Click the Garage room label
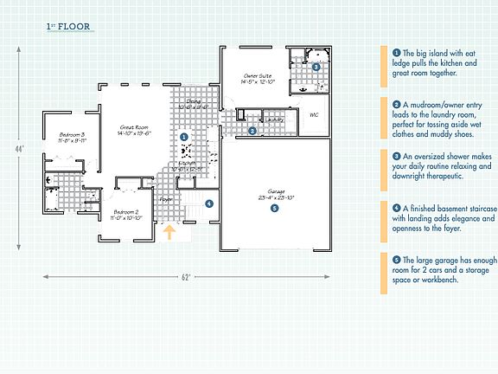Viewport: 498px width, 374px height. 274,194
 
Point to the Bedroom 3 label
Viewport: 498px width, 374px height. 72,136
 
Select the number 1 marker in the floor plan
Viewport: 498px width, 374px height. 183,137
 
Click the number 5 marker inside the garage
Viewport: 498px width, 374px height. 275,208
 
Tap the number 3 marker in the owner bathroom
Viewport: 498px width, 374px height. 316,66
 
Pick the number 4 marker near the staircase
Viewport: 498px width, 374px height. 209,203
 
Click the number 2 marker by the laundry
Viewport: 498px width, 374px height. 252,132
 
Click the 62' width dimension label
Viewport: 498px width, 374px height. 185,277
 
